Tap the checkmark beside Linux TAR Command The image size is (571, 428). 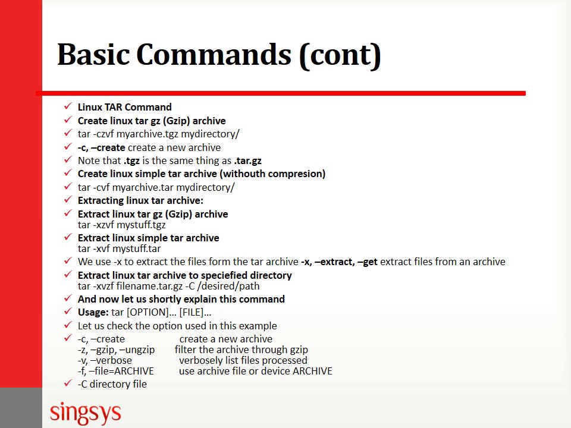coord(68,107)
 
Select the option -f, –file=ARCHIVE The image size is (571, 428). coord(116,371)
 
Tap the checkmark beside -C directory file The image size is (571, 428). coord(68,384)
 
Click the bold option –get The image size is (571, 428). coord(367,262)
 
